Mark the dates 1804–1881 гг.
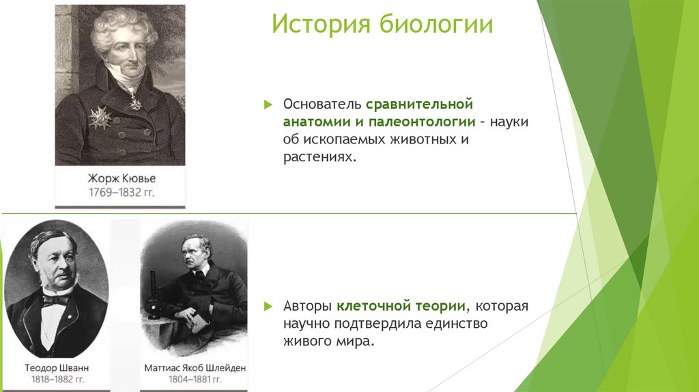pyautogui.click(x=195, y=380)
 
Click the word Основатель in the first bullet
pyautogui.click(x=322, y=104)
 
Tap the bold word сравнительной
pyautogui.click(x=419, y=104)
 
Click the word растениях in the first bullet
pyautogui.click(x=319, y=156)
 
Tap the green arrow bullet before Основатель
pyautogui.click(x=268, y=104)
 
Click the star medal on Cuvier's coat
pyautogui.click(x=100, y=117)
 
